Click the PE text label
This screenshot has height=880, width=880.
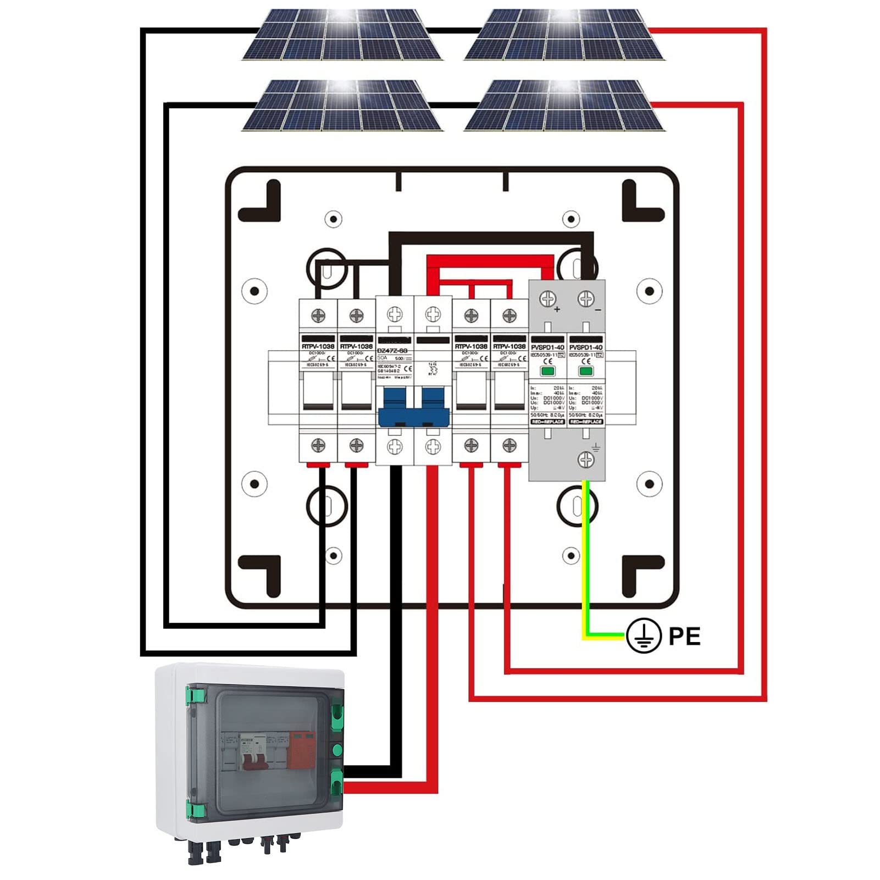point(684,636)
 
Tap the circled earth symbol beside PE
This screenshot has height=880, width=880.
point(644,635)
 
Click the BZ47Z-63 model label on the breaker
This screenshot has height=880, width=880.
point(392,350)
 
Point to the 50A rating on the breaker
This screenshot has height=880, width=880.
point(382,358)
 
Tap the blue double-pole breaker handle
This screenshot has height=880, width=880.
point(413,407)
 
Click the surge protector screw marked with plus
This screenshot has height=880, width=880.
point(547,298)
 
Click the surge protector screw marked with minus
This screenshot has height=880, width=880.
point(586,298)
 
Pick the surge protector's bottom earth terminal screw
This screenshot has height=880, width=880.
point(586,460)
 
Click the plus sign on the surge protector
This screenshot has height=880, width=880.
point(557,309)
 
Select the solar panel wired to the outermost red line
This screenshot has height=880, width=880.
point(564,34)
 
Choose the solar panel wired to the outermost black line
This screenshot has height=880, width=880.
point(342,34)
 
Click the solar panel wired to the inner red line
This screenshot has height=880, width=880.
point(564,105)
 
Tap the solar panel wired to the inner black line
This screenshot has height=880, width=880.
point(342,105)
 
